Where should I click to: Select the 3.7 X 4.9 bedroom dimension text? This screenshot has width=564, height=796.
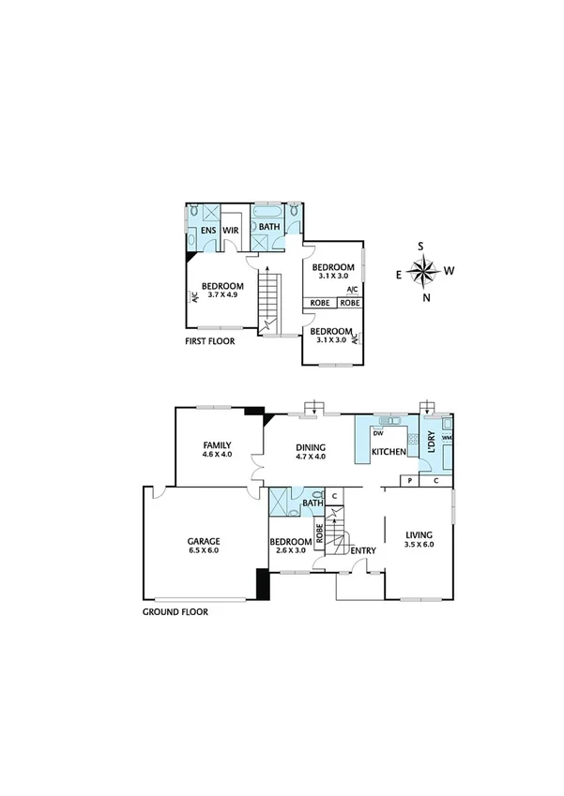click(x=223, y=296)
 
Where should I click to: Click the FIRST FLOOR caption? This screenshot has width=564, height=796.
click(x=210, y=341)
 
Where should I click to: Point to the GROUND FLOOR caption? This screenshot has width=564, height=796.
click(x=175, y=611)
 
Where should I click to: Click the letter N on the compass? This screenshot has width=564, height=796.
click(x=425, y=298)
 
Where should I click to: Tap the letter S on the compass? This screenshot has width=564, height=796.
click(x=421, y=247)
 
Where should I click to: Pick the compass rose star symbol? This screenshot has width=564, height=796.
click(x=424, y=272)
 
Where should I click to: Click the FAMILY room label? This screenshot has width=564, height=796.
click(x=217, y=444)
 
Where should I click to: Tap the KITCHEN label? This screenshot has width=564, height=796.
click(x=389, y=452)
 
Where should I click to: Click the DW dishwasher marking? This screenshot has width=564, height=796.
click(x=377, y=433)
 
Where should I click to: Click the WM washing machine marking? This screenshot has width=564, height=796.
click(x=447, y=438)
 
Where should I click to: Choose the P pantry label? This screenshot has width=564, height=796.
click(x=409, y=481)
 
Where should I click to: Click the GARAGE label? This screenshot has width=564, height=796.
click(x=203, y=541)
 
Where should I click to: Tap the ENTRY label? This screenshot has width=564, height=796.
click(x=362, y=550)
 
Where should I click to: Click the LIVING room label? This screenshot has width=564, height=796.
click(x=419, y=534)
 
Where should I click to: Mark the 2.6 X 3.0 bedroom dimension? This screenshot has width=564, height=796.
click(x=290, y=551)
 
